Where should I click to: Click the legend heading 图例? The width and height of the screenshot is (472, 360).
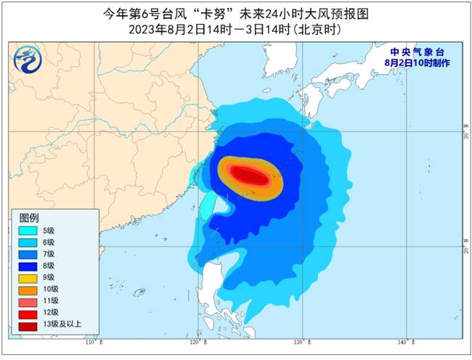coord(29,218)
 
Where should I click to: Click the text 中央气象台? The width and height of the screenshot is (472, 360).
coord(417,52)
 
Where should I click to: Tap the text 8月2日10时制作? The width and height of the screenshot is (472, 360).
coord(417,63)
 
